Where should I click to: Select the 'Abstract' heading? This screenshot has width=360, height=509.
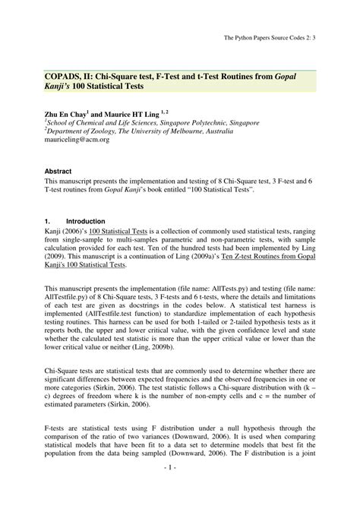(58, 172)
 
